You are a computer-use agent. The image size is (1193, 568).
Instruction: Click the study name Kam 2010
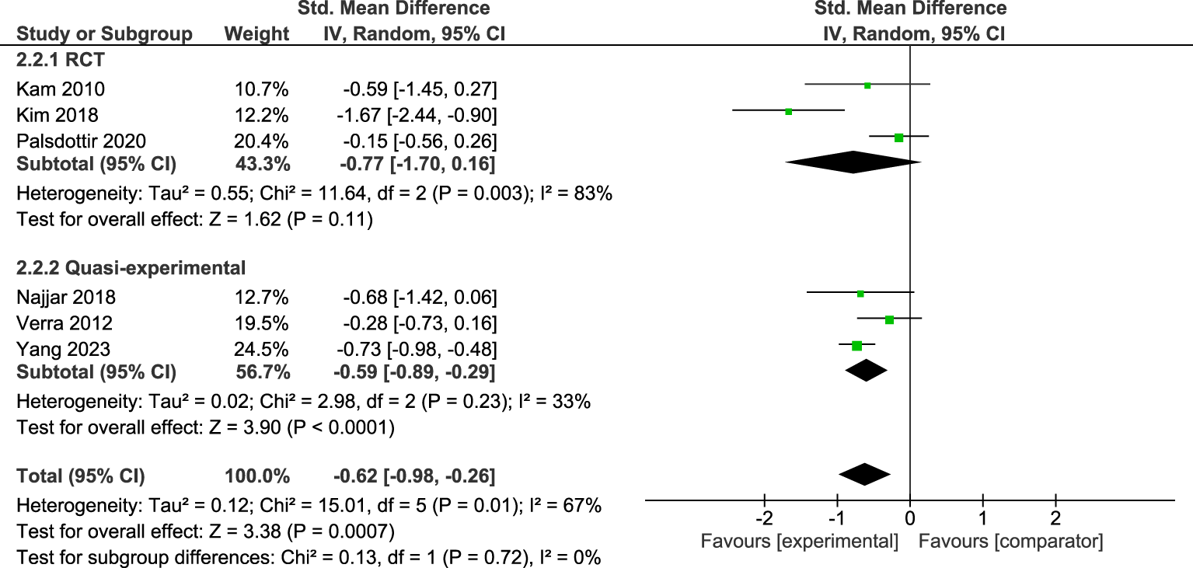(61, 89)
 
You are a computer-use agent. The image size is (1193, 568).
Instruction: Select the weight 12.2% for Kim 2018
(261, 115)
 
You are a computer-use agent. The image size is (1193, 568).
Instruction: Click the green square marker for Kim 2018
(788, 111)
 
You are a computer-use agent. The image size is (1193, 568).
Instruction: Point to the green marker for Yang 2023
(856, 345)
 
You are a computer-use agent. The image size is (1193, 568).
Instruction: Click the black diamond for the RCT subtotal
(853, 162)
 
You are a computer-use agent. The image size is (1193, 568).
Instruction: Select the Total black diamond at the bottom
(864, 474)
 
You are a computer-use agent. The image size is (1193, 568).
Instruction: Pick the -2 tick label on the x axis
(764, 517)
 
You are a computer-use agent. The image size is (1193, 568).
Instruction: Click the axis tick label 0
(910, 517)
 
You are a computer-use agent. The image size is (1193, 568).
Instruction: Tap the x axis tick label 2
(1055, 517)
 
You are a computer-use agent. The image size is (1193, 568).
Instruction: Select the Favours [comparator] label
(1010, 541)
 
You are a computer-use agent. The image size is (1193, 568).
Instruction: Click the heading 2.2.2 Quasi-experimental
(131, 268)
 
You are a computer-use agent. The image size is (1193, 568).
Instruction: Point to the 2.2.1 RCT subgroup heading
(61, 61)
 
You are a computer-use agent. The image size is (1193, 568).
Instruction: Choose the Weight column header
(256, 34)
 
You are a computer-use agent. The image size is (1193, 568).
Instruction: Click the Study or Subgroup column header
(104, 34)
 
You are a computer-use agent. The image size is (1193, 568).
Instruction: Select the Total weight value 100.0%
(257, 476)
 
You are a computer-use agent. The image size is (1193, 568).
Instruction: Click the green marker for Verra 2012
(889, 319)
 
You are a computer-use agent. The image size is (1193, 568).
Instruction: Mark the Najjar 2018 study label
(66, 297)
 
